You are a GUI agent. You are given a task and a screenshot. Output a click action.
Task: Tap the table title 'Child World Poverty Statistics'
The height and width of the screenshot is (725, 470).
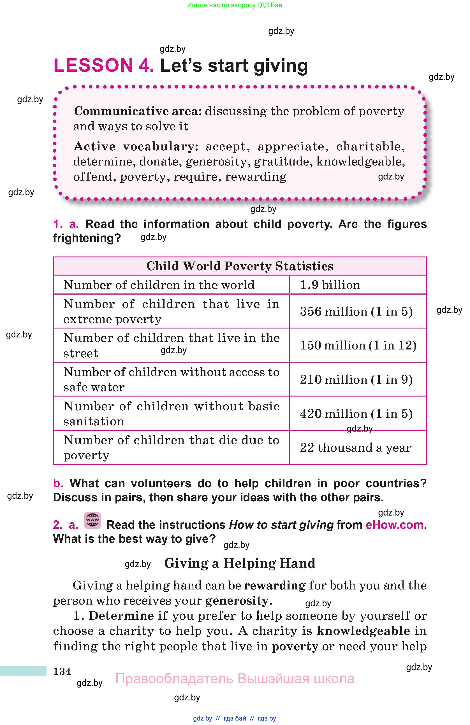[240, 266]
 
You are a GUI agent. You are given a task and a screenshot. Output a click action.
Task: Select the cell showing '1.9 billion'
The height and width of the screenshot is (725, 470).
[330, 285]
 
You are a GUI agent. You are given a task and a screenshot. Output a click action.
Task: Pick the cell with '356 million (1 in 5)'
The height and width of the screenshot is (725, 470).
[356, 311]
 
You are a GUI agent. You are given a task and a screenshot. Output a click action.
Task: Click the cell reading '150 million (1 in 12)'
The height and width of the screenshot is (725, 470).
[358, 346]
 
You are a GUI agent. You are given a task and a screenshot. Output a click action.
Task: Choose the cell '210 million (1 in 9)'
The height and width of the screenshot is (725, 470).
[356, 379]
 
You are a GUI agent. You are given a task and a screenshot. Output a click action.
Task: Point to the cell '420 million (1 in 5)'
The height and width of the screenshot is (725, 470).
[356, 414]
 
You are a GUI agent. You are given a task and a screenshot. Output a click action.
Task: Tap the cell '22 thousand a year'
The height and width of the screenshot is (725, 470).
[355, 448]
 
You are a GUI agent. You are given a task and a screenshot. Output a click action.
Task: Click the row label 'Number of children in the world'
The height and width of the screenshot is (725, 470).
[159, 285]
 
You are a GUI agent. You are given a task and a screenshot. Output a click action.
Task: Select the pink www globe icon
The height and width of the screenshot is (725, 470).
[92, 520]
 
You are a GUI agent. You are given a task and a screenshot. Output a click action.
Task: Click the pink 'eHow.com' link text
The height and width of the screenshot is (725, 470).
[394, 525]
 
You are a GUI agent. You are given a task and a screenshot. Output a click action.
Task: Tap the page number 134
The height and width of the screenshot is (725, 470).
[62, 671]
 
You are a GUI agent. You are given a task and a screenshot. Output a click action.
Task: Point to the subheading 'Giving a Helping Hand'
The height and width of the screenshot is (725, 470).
[240, 563]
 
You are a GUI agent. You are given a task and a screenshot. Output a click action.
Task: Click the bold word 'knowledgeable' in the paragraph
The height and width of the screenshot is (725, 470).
[363, 631]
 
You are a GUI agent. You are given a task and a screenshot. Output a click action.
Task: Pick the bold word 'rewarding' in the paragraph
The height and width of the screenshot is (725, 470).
[275, 586]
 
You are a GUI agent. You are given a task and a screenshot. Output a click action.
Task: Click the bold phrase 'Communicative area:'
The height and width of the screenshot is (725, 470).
[138, 111]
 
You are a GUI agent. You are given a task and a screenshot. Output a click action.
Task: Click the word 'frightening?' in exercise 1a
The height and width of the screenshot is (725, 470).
[87, 238]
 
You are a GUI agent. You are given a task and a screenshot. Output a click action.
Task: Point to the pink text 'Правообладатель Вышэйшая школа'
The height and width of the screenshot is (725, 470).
[235, 679]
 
